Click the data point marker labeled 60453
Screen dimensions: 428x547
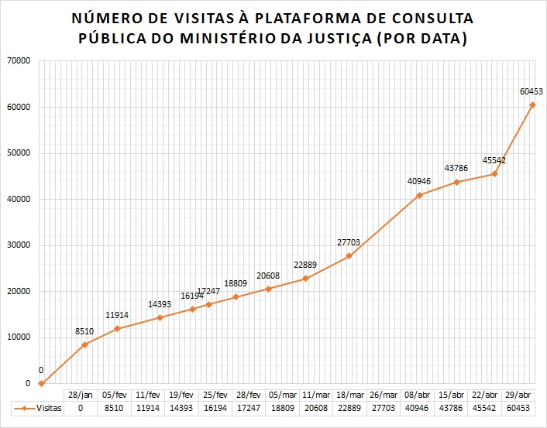[x=532, y=104]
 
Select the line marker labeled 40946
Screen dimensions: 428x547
[x=419, y=195]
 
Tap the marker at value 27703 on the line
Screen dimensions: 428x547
[x=349, y=256]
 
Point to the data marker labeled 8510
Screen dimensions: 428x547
[x=84, y=344]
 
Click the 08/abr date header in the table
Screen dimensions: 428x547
[x=419, y=394]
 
